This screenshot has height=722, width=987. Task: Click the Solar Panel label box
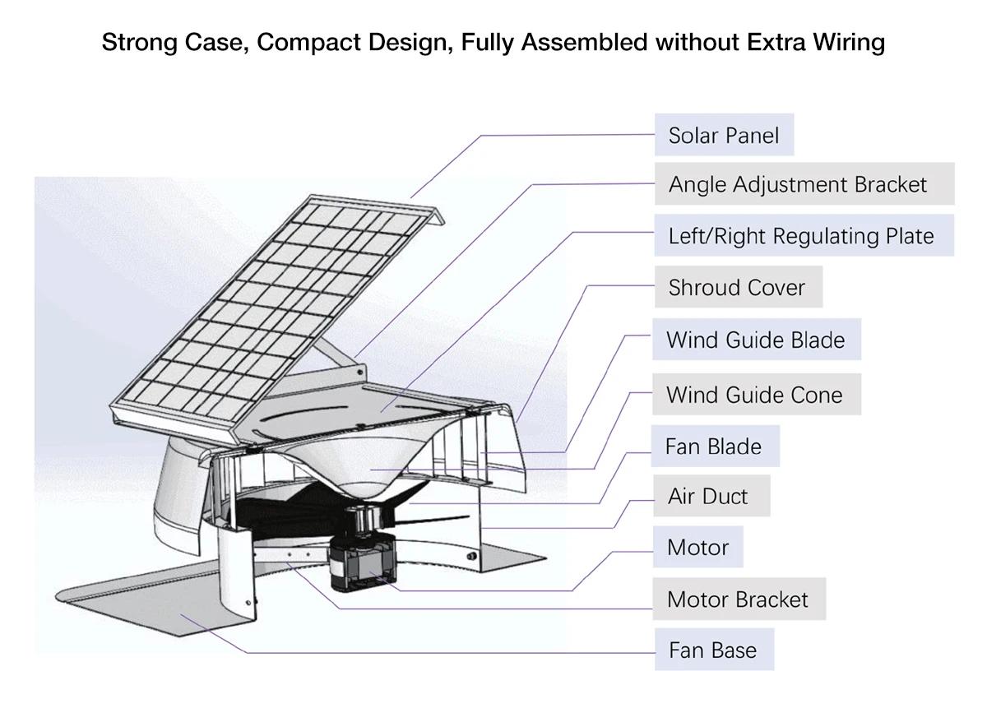(x=724, y=135)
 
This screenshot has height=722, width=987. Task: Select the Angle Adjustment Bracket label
(x=804, y=184)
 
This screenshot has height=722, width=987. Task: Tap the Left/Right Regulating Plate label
(x=804, y=236)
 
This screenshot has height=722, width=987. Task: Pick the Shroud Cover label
(x=739, y=287)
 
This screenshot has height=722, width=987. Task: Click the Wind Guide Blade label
(x=757, y=340)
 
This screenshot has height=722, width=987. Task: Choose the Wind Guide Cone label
(x=757, y=394)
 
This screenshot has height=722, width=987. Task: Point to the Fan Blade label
(x=715, y=447)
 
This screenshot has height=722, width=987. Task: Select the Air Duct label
(x=711, y=496)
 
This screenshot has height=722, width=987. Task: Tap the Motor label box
(x=698, y=547)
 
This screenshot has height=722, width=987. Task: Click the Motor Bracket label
(x=739, y=599)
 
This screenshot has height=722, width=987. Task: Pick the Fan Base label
(x=714, y=650)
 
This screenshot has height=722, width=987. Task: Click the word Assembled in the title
(x=584, y=42)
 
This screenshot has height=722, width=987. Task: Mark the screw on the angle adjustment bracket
(x=360, y=373)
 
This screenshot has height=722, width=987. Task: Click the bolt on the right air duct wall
(x=472, y=556)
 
